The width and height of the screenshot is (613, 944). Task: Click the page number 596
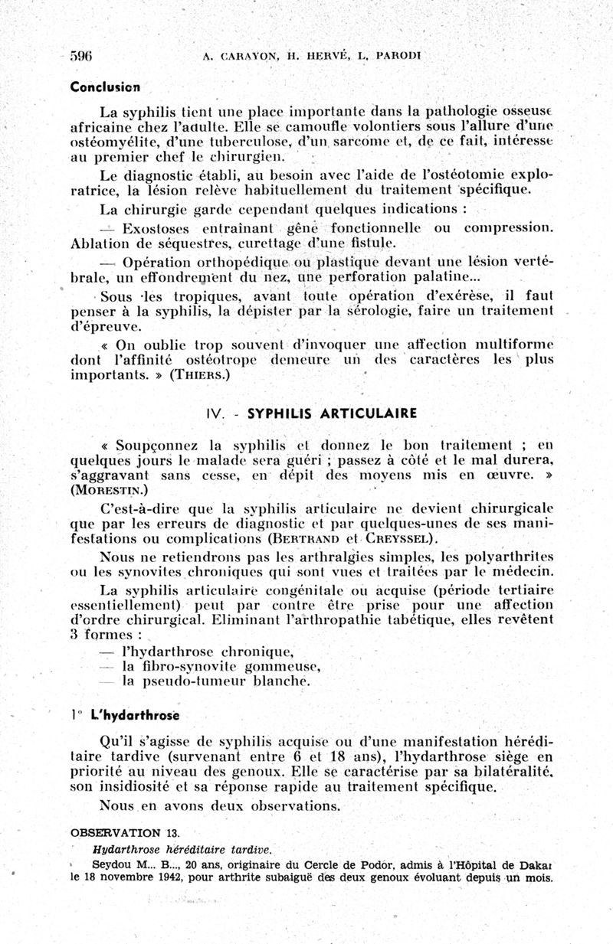81,55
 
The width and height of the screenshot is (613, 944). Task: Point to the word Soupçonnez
156,445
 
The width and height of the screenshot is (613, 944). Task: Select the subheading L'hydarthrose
134,716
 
